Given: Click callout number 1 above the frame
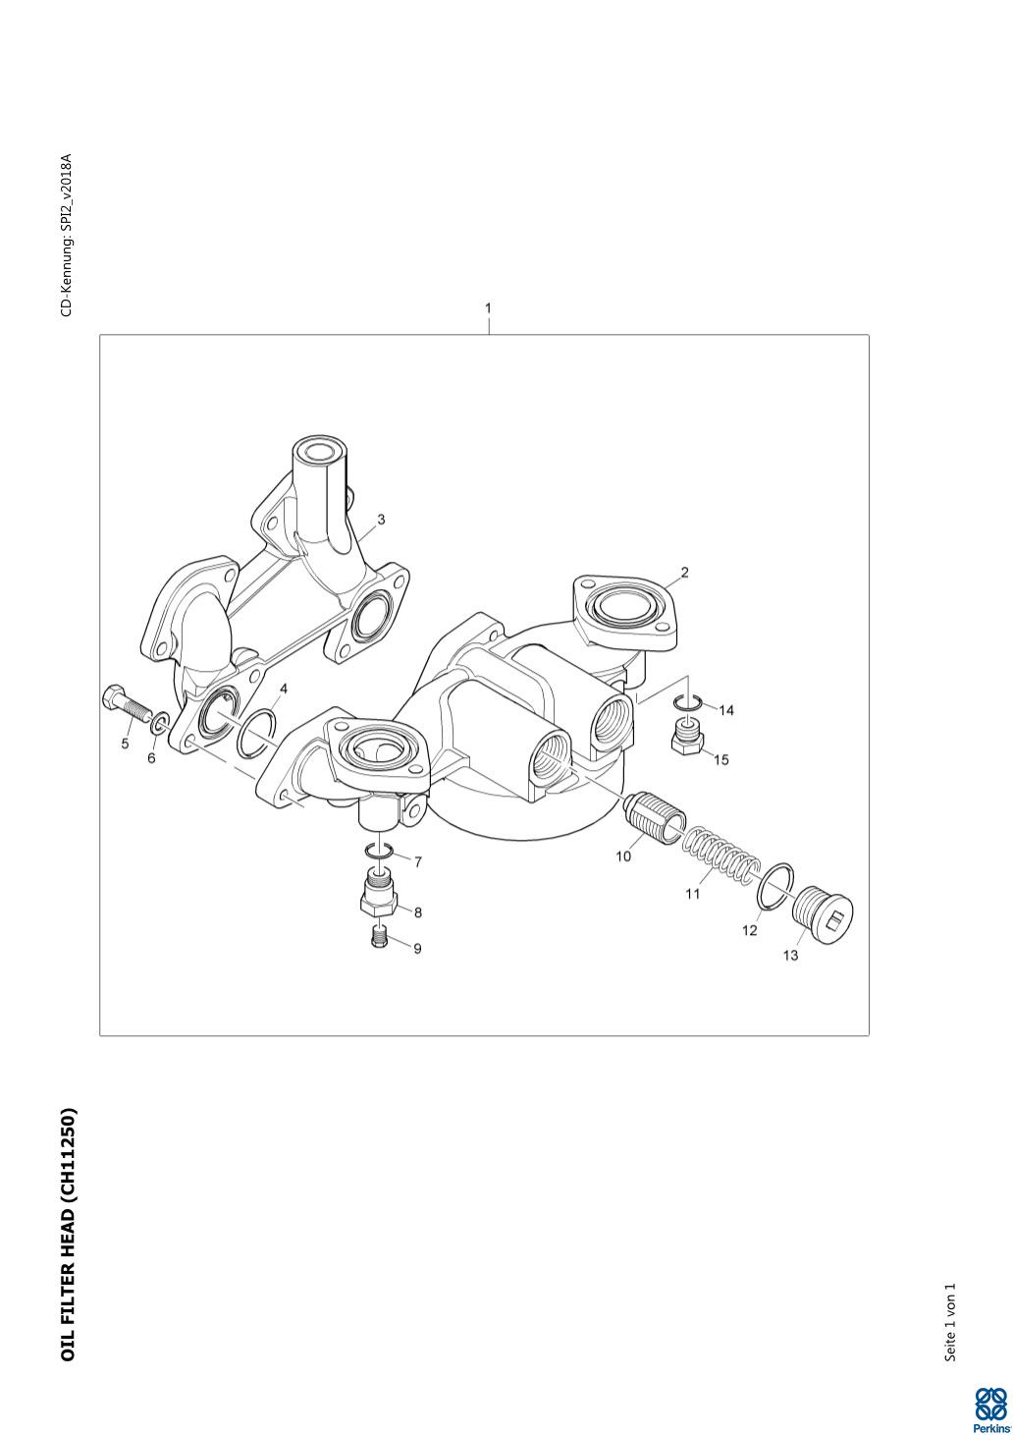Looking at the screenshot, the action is [488, 308].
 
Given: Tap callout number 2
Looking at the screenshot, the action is [684, 572].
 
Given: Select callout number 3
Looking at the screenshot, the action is [381, 520].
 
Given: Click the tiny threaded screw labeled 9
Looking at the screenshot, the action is [380, 937].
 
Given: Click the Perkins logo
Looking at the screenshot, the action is [989, 1408].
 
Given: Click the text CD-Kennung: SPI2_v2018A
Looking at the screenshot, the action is [67, 235].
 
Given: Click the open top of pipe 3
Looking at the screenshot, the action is [317, 452].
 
